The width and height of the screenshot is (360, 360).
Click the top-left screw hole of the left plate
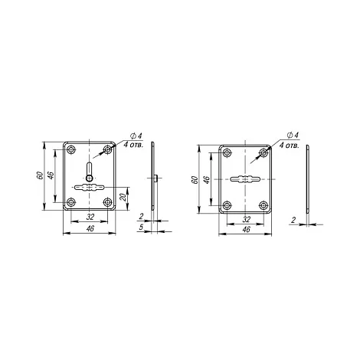pyautogui.click(x=71, y=149)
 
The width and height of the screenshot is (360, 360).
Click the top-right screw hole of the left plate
pyautogui.click(x=108, y=149)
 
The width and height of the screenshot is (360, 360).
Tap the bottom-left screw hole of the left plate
pyautogui.click(x=71, y=202)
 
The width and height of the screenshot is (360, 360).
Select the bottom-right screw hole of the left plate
pyautogui.click(x=108, y=202)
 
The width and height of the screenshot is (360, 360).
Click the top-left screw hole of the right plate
pyautogui.click(x=227, y=153)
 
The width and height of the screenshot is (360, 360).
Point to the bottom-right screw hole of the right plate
pyautogui.click(x=263, y=205)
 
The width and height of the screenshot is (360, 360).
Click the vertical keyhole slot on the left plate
pyautogui.click(x=90, y=172)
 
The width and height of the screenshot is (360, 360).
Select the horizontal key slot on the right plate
pyautogui.click(x=245, y=179)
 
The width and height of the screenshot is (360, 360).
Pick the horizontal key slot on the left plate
pyautogui.click(x=90, y=188)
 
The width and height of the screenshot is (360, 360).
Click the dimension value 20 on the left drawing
pyautogui.click(x=124, y=197)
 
